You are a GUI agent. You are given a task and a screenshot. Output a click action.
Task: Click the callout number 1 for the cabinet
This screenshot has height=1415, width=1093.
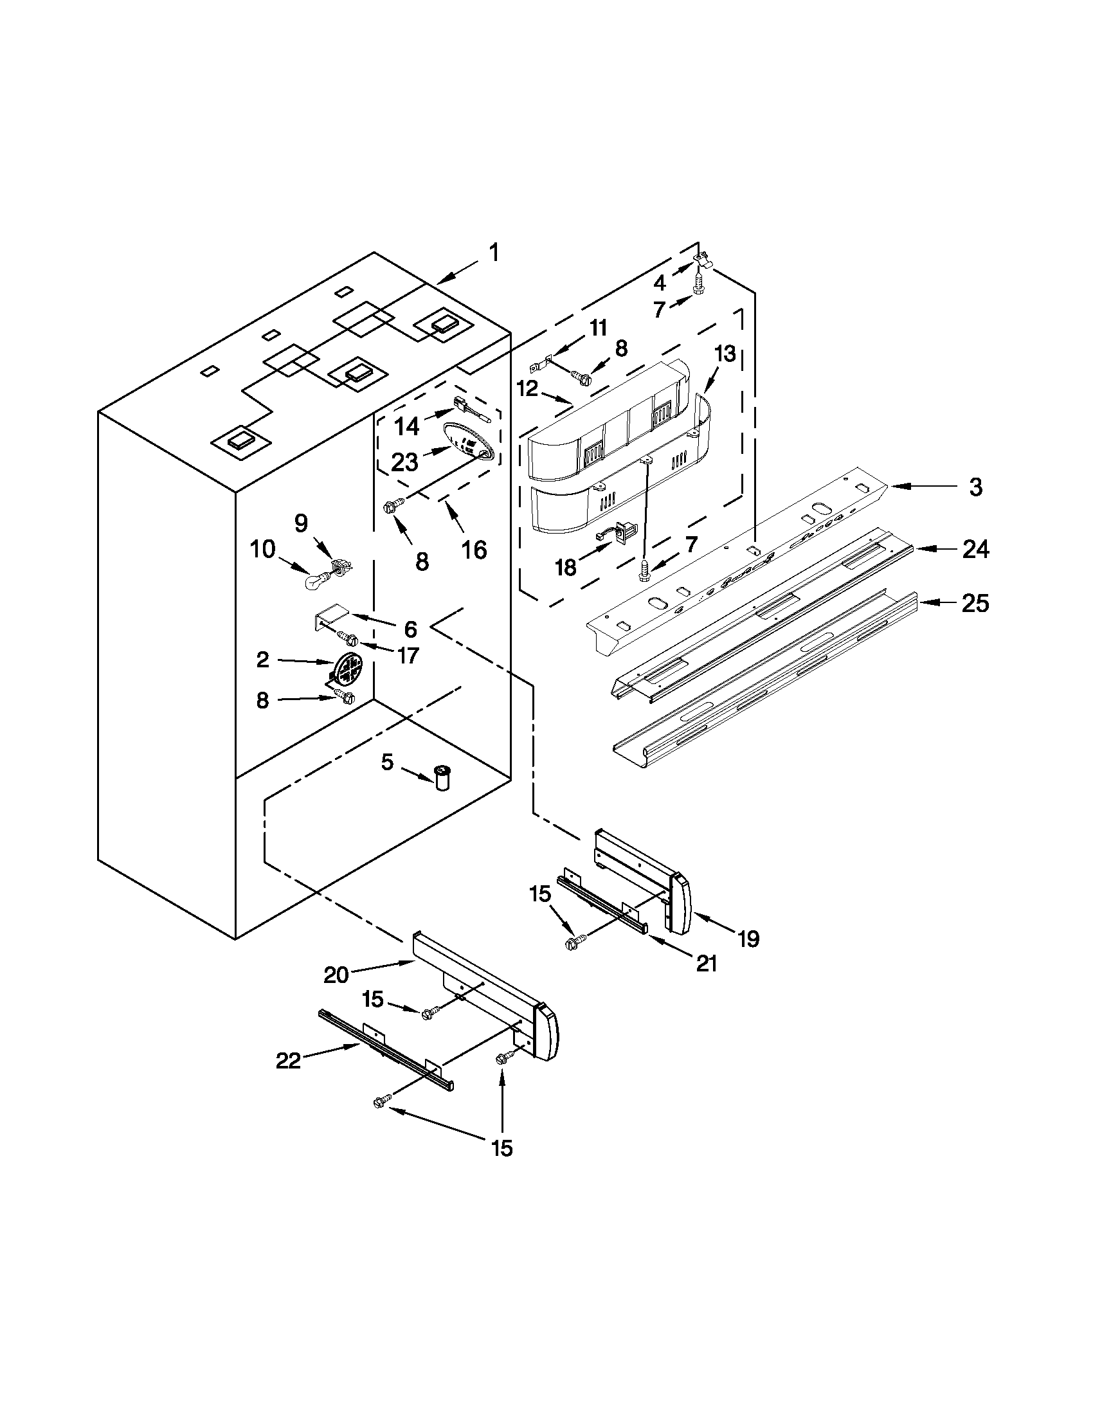pos(494,253)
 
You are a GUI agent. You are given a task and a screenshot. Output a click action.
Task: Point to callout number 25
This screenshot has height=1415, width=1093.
pos(975,603)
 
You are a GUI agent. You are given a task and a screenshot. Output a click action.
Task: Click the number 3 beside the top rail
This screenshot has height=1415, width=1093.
pos(976,487)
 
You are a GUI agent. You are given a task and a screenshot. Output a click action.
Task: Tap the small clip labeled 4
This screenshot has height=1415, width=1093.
pos(702,260)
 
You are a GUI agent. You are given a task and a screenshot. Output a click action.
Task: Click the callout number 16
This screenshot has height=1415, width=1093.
pos(474,550)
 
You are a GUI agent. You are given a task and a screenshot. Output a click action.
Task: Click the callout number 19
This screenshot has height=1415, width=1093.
pos(748,938)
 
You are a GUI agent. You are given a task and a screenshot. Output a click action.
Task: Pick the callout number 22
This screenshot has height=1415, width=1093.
pos(288,1061)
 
